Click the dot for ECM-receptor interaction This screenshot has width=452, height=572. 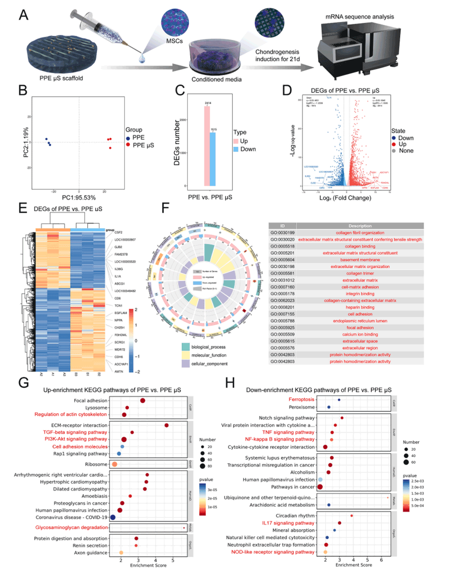click(x=167, y=425)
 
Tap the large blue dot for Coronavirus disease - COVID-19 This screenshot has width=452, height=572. click(x=113, y=517)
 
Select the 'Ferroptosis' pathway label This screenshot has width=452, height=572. click(x=302, y=400)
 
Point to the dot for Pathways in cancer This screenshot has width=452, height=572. click(x=320, y=487)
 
